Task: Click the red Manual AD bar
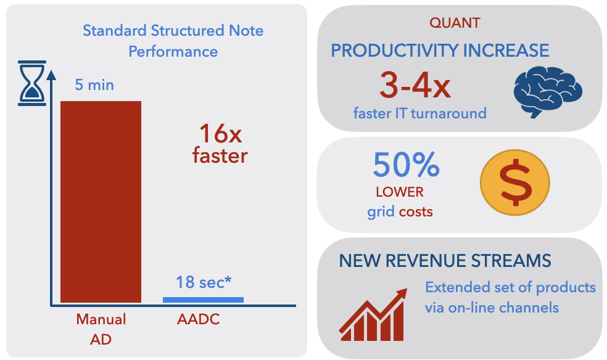tap(101, 202)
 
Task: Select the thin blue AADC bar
tap(203, 300)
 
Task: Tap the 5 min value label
tap(94, 84)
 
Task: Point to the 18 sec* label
tap(204, 282)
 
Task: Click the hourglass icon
tap(32, 83)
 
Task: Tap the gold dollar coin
tap(515, 182)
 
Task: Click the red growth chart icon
tap(373, 315)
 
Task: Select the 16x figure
tap(220, 134)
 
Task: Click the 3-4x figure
tap(415, 85)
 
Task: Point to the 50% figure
tap(406, 165)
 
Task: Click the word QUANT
tap(455, 23)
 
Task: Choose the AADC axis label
tap(199, 319)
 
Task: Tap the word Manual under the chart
tap(101, 319)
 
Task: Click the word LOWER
tap(400, 192)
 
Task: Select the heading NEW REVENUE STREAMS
tap(445, 261)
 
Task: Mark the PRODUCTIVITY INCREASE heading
tap(440, 51)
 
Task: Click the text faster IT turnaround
tap(419, 113)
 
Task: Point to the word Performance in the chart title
tap(173, 51)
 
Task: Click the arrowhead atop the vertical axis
tap(51, 75)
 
